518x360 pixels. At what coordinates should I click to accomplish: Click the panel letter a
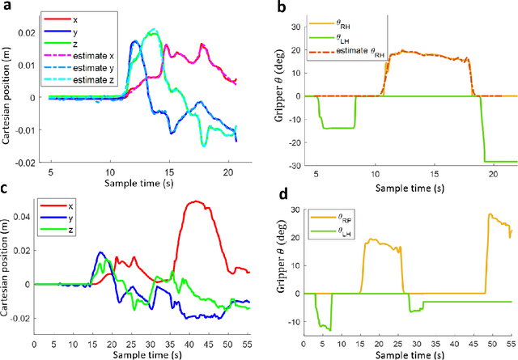point(7,7)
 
